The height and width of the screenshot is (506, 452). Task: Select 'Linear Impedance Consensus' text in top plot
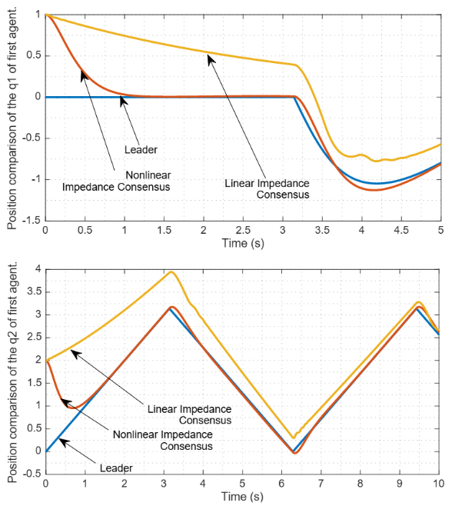[x=267, y=188]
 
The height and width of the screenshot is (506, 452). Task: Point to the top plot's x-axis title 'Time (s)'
[x=242, y=245]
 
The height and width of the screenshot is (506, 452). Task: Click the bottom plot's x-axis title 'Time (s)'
[x=242, y=498]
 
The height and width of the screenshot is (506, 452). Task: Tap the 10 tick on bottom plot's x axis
[x=438, y=484]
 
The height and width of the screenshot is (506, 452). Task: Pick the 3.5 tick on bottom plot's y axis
[x=35, y=292]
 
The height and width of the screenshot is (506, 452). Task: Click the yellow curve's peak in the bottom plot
[x=171, y=271]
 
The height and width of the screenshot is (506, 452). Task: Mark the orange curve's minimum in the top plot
[x=374, y=189]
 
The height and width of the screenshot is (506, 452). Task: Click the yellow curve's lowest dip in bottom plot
[x=294, y=438]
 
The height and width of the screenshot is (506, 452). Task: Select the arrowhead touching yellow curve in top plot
[x=209, y=56]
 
